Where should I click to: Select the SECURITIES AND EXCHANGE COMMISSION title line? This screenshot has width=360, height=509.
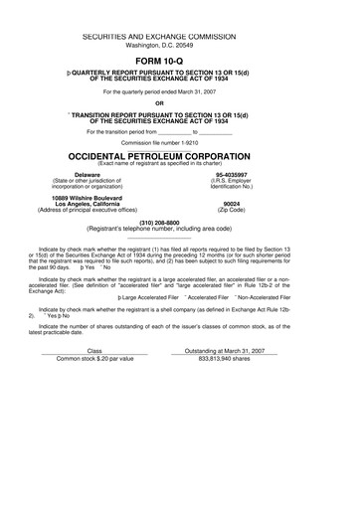coord(180,34)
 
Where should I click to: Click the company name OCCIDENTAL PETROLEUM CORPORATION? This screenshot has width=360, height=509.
coord(180,157)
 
